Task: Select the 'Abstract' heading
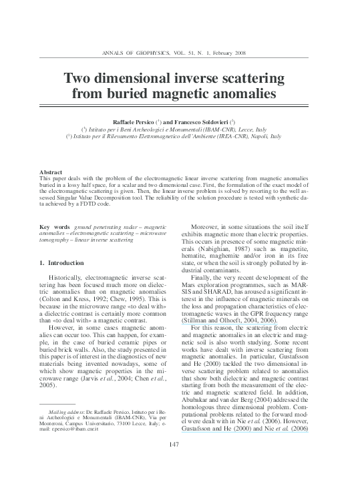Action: click(51, 172)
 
